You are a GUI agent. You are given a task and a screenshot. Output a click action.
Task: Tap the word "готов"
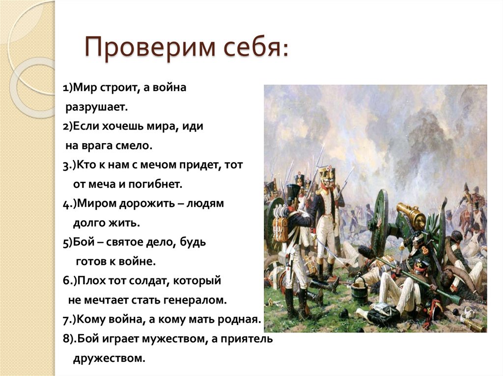coord(90,261)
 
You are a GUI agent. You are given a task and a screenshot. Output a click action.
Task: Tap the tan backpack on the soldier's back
coord(280,228)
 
